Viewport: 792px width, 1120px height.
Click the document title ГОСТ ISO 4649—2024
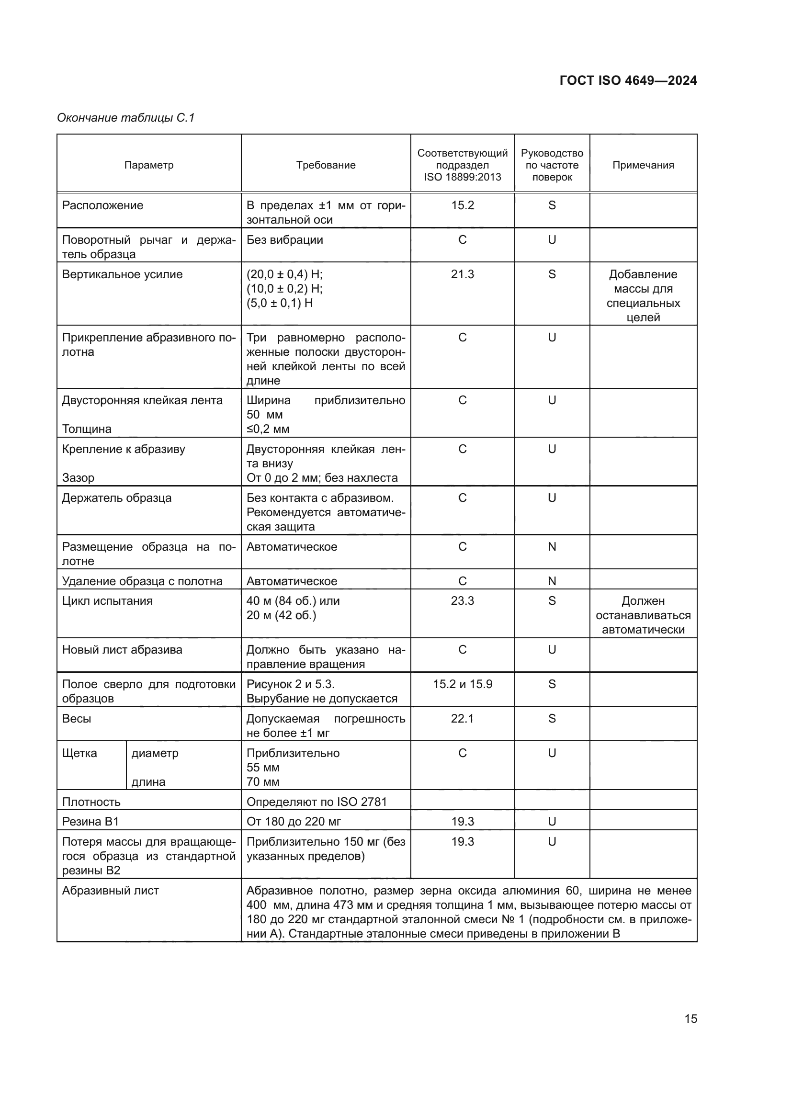pyautogui.click(x=628, y=81)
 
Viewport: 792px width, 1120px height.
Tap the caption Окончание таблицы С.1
pyautogui.click(x=126, y=118)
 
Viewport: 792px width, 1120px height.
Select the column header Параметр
pyautogui.click(x=149, y=165)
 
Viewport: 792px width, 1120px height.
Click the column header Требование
pyautogui.click(x=326, y=165)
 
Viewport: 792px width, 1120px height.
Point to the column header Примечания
pyautogui.click(x=643, y=165)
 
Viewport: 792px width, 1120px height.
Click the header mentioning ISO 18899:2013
pyautogui.click(x=463, y=165)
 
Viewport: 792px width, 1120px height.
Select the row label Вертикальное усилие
pyautogui.click(x=123, y=274)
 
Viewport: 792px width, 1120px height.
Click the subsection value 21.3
pyautogui.click(x=463, y=274)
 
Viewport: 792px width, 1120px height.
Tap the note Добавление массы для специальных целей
pyautogui.click(x=643, y=295)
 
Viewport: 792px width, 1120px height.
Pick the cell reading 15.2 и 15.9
pyautogui.click(x=463, y=684)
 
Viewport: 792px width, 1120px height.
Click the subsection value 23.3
pyautogui.click(x=463, y=600)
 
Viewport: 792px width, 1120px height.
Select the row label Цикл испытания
pyautogui.click(x=107, y=600)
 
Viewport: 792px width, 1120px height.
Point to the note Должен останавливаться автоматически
pyautogui.click(x=643, y=615)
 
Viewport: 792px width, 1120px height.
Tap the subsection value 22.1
pyautogui.click(x=463, y=719)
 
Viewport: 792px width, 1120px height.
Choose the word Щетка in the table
pyautogui.click(x=79, y=753)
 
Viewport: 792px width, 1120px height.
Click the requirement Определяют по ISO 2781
pyautogui.click(x=317, y=802)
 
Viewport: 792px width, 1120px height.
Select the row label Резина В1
pyautogui.click(x=91, y=822)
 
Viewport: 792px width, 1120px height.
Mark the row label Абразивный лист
pyautogui.click(x=110, y=891)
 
